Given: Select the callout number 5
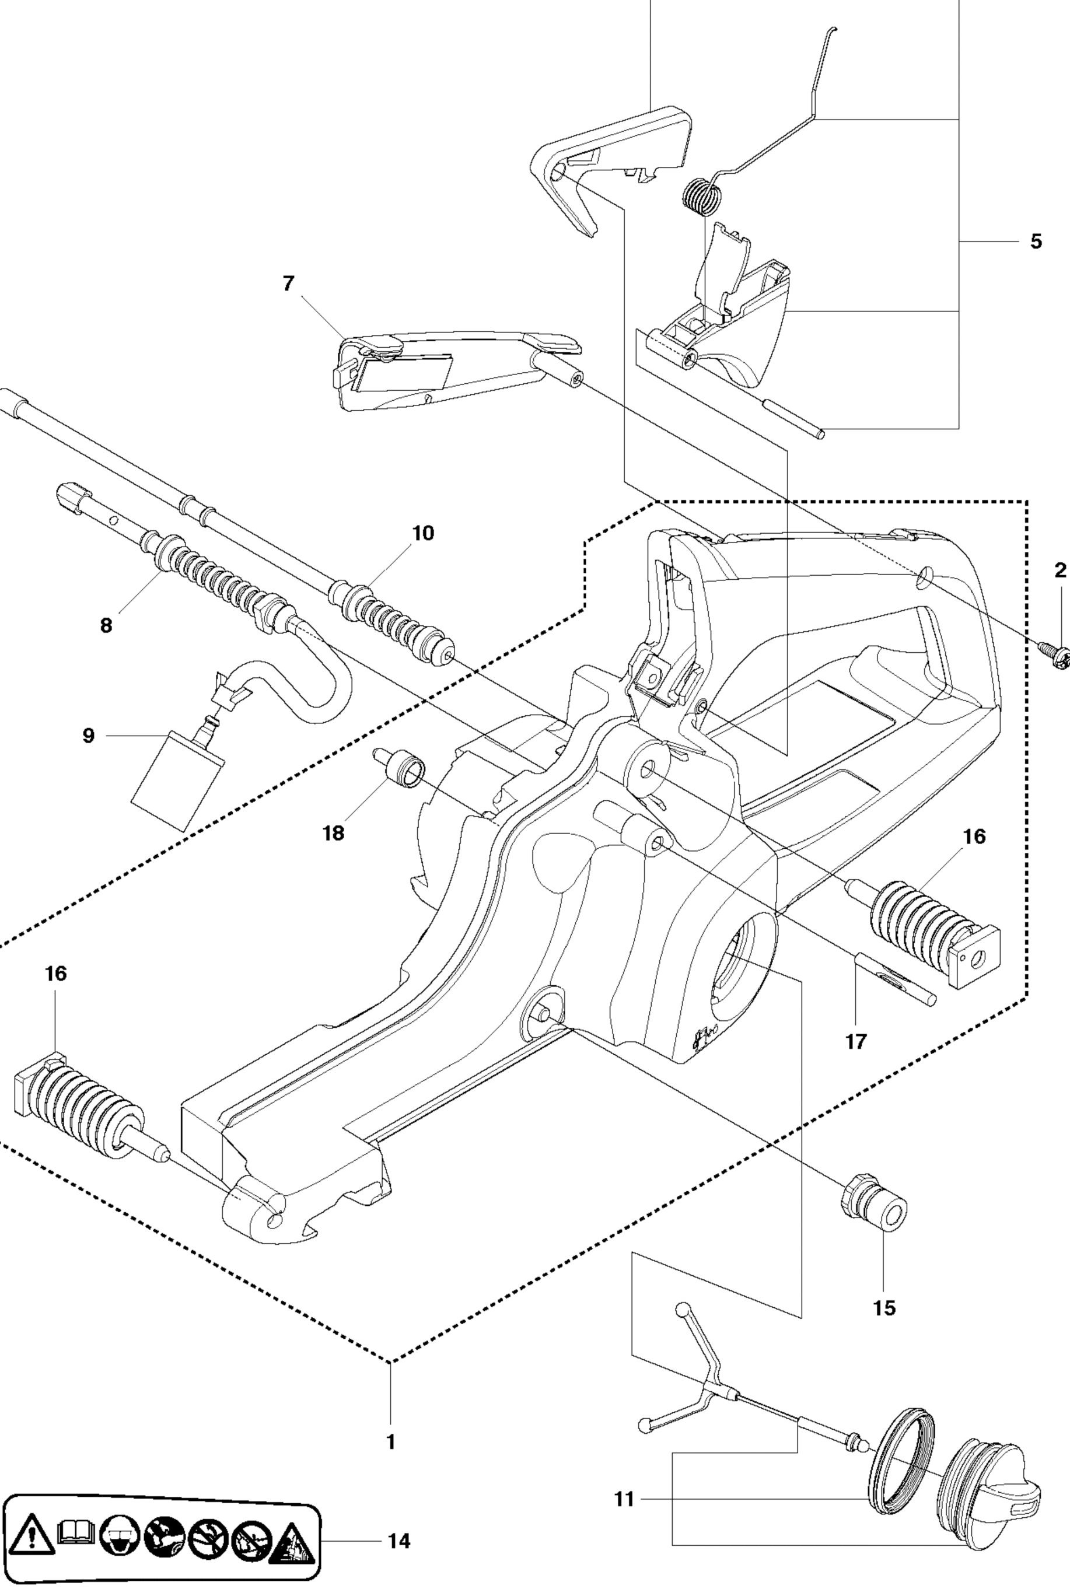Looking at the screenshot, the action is pos(1036,242).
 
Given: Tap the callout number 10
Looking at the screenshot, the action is pos(423,534).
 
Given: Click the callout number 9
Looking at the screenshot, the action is pos(88,736).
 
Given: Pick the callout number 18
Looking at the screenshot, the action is pos(334,833).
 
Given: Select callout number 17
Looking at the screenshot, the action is pos(856,1042).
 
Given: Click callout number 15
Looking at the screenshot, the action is pos(884,1308).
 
